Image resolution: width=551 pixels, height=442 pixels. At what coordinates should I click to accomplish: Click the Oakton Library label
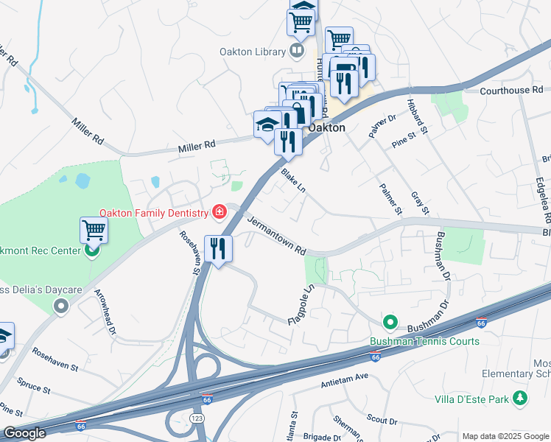(252, 52)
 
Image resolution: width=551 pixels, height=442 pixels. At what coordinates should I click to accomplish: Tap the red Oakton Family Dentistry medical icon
(219, 213)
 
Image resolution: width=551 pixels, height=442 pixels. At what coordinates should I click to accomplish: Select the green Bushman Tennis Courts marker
(390, 323)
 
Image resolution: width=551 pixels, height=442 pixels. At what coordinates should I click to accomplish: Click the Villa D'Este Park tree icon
(522, 398)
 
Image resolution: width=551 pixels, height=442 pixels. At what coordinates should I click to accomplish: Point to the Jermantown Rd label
(275, 236)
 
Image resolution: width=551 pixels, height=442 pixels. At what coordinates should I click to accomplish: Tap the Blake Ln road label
(292, 180)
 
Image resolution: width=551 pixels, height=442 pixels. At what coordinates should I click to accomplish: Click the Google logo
(24, 433)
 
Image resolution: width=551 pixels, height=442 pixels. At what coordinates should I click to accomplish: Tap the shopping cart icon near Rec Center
(94, 230)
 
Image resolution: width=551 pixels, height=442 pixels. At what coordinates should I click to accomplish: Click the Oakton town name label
(326, 127)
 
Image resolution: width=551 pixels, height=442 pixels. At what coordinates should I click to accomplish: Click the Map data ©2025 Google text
(505, 436)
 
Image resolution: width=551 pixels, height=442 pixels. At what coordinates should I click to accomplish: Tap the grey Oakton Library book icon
(296, 51)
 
